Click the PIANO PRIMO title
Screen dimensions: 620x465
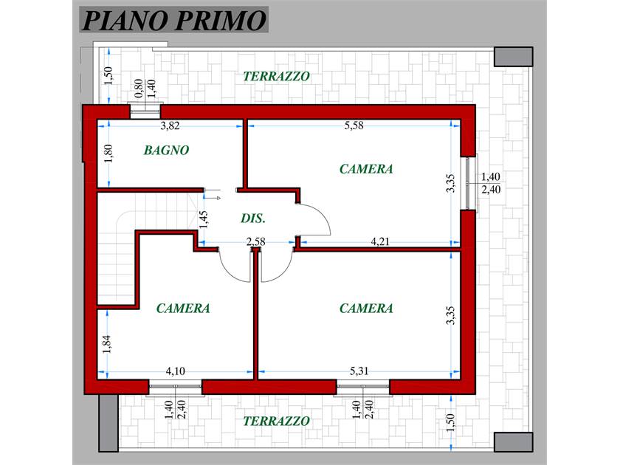click(173, 20)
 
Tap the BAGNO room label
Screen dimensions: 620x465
click(166, 151)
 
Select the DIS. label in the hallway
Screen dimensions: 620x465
click(253, 218)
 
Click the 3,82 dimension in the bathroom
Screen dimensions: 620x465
click(170, 125)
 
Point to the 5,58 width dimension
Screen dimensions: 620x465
click(354, 125)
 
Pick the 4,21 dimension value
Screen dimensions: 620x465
click(380, 241)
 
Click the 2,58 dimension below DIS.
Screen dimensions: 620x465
click(256, 241)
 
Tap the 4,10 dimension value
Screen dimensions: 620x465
click(175, 371)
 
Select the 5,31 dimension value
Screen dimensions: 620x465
click(359, 371)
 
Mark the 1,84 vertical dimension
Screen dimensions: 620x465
click(107, 344)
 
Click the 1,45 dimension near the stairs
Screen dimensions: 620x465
click(203, 219)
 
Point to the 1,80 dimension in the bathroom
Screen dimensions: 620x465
click(108, 154)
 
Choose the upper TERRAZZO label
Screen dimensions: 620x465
click(276, 76)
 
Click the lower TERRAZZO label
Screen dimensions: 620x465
click(276, 421)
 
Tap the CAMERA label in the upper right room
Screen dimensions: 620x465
click(366, 169)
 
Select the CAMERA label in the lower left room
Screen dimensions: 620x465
click(183, 309)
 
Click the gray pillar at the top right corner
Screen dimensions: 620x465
click(513, 57)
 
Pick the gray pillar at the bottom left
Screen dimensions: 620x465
click(108, 423)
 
